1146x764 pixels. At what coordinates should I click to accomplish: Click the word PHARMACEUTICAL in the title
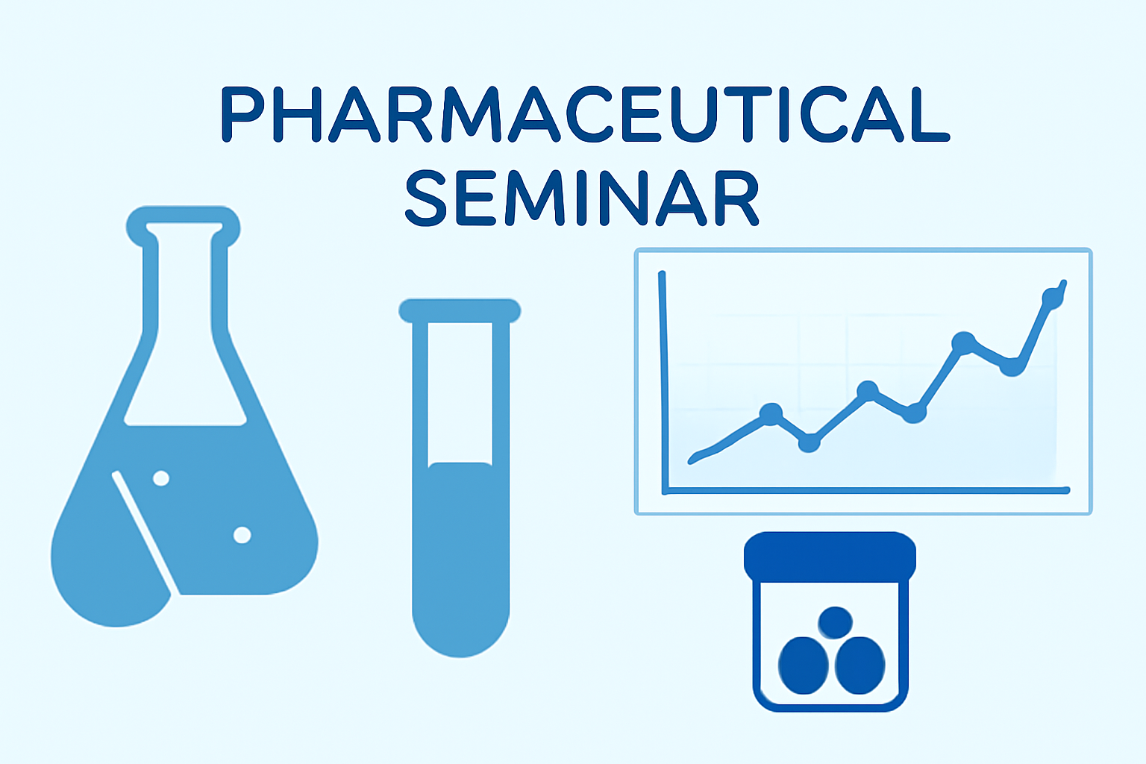585,115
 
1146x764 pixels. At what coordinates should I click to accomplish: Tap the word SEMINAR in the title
582,198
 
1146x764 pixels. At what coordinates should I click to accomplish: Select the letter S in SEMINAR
426,198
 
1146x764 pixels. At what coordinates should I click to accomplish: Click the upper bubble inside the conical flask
161,478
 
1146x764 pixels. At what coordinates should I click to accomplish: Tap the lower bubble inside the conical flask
242,535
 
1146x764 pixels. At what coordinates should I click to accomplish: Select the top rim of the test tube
460,311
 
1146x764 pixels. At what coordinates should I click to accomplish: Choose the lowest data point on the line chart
809,442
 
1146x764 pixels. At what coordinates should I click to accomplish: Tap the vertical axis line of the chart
663,382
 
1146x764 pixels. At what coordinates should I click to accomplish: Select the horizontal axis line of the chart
865,491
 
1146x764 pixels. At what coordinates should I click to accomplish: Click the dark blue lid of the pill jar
830,557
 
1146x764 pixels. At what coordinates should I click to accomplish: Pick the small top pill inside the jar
835,622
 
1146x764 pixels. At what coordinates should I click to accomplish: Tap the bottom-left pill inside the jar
804,666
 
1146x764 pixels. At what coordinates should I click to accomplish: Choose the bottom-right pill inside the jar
860,666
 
